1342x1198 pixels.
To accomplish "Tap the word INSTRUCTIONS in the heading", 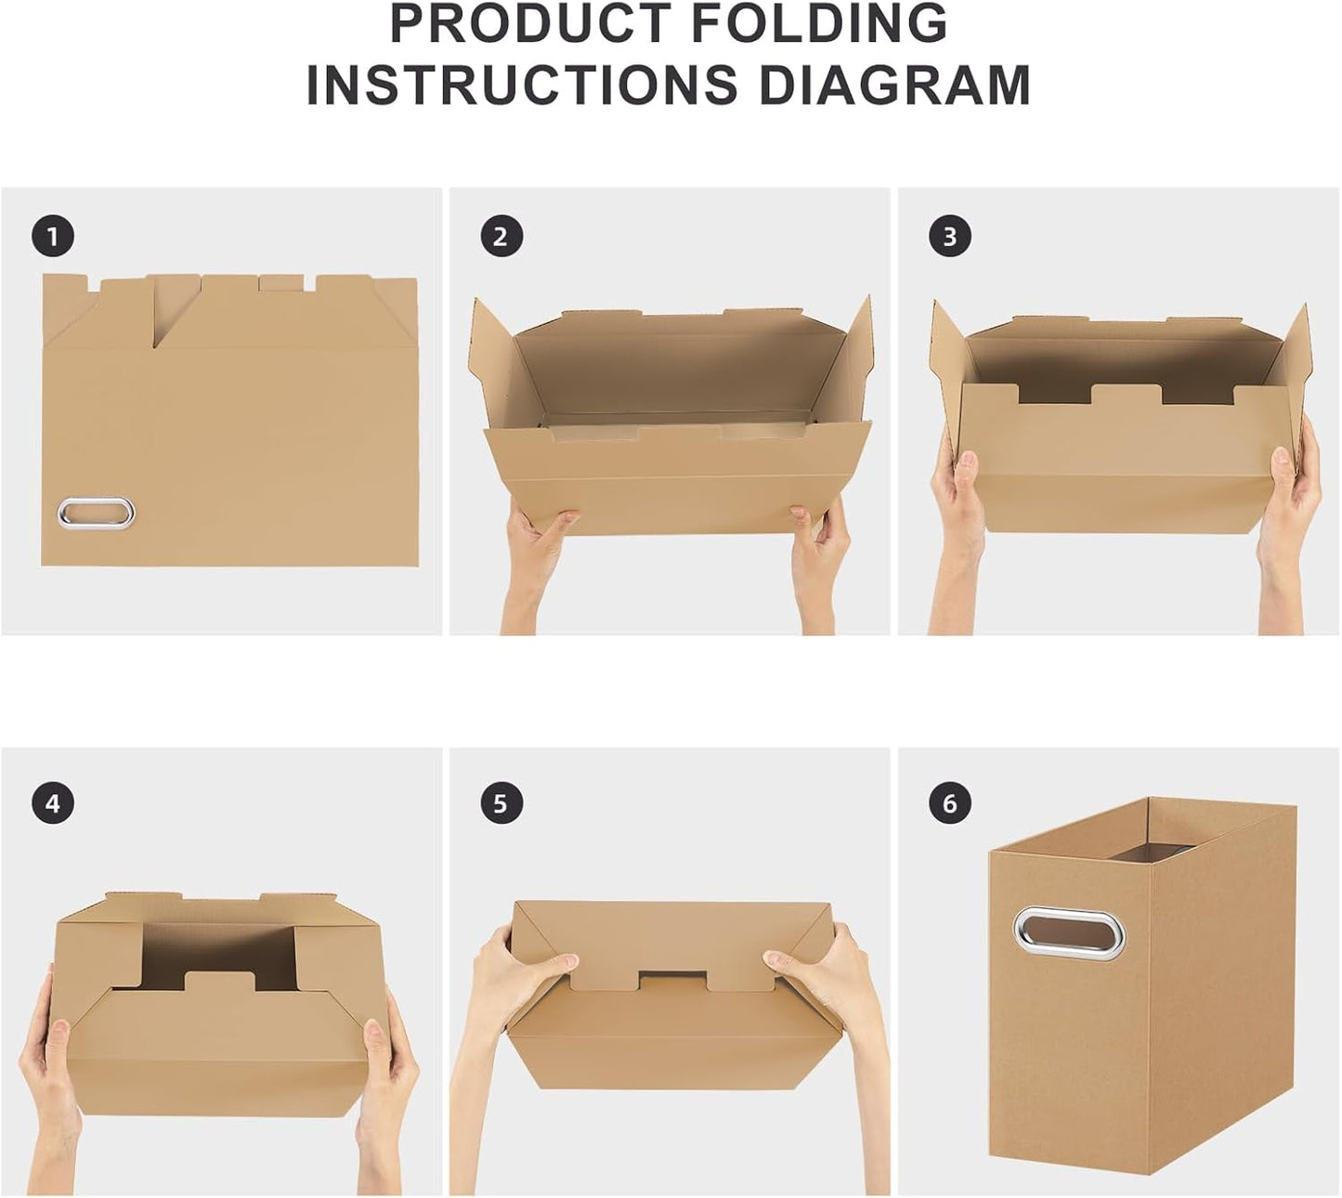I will [522, 85].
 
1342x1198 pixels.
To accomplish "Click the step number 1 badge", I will [53, 237].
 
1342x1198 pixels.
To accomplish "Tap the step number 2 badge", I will [502, 237].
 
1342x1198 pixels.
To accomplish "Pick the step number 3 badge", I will [949, 237].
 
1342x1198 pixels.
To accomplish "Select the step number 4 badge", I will [53, 803].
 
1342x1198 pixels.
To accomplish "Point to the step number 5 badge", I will [502, 803].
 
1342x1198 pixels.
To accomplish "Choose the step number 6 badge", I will [949, 803].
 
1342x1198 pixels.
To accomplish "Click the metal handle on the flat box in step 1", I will [96, 512].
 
